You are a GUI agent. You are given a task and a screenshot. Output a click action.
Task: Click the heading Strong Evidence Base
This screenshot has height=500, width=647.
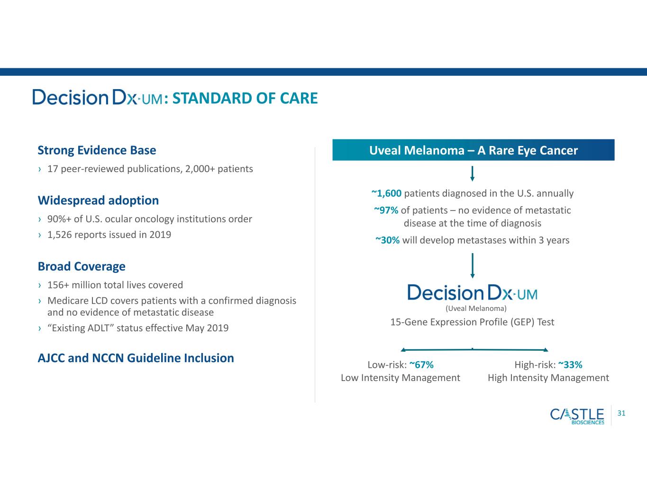pyautogui.click(x=97, y=150)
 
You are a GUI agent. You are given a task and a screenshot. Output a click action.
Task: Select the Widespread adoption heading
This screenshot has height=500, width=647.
pyautogui.click(x=98, y=200)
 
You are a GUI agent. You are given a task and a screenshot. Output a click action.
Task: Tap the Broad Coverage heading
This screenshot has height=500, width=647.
pyautogui.click(x=82, y=266)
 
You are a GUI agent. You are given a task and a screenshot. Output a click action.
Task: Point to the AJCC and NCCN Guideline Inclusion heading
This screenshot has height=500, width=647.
pyautogui.click(x=136, y=358)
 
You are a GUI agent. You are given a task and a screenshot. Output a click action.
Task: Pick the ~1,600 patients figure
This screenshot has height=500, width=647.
pyautogui.click(x=386, y=193)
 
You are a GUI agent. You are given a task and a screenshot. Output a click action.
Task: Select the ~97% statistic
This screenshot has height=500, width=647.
pyautogui.click(x=386, y=210)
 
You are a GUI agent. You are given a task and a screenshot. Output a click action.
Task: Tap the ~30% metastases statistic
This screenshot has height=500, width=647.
pyautogui.click(x=387, y=240)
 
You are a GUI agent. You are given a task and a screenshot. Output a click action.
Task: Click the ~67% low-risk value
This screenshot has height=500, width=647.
pyautogui.click(x=421, y=364)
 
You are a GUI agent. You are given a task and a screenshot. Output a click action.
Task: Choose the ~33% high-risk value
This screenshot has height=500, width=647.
pyautogui.click(x=570, y=364)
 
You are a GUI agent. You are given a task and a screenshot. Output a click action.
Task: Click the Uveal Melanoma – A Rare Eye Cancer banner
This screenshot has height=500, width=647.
pyautogui.click(x=474, y=150)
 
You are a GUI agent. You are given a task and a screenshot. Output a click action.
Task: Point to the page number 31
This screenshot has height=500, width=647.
pyautogui.click(x=621, y=413)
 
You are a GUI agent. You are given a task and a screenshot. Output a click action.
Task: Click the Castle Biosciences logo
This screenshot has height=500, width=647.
pyautogui.click(x=577, y=416)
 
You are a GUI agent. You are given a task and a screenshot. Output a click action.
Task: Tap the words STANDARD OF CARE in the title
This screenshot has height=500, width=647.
pyautogui.click(x=245, y=98)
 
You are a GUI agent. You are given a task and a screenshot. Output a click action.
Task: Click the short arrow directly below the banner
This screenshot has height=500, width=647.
pyautogui.click(x=472, y=173)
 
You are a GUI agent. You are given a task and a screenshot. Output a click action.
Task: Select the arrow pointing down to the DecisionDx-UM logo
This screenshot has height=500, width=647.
pyautogui.click(x=472, y=265)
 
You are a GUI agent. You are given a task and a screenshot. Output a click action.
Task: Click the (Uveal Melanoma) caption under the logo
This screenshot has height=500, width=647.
pyautogui.click(x=476, y=309)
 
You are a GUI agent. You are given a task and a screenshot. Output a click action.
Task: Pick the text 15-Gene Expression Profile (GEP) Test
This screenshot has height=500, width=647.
pyautogui.click(x=472, y=322)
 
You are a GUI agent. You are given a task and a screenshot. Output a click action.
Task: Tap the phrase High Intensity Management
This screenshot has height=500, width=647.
pyautogui.click(x=548, y=378)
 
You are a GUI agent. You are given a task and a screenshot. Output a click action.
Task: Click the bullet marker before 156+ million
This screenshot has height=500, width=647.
pyautogui.click(x=40, y=285)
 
